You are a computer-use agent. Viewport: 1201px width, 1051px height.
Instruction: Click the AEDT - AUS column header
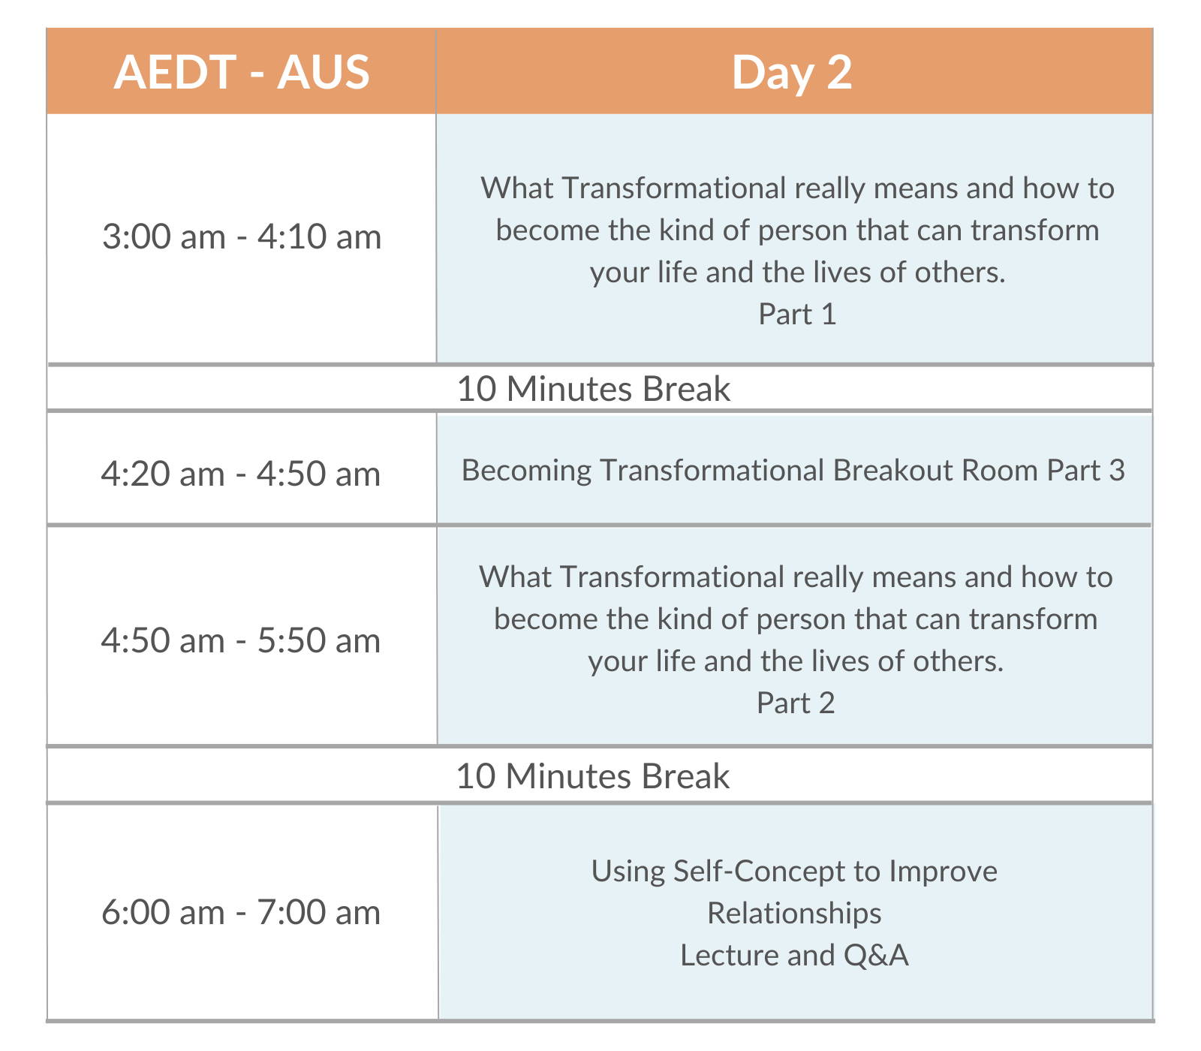click(x=241, y=72)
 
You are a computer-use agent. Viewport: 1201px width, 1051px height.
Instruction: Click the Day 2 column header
click(x=793, y=72)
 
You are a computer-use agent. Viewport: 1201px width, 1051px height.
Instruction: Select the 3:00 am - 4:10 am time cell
click(x=241, y=238)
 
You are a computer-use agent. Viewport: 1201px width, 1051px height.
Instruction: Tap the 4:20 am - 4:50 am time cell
click(x=241, y=468)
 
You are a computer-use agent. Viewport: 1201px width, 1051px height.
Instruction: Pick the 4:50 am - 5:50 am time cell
click(x=241, y=636)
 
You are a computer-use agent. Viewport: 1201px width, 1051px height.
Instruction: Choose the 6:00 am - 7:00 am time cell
click(x=241, y=912)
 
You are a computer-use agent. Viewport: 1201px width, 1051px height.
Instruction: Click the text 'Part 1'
click(x=797, y=314)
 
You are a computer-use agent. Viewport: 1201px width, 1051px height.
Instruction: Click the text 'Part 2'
click(x=796, y=703)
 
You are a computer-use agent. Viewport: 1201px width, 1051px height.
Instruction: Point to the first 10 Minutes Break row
click(x=600, y=389)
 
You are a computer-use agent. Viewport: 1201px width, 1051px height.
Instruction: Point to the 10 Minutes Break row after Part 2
click(x=600, y=775)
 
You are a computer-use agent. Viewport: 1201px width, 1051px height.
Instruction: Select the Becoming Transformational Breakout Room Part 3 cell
click(x=794, y=469)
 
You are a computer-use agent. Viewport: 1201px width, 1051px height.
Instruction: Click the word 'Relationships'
click(x=794, y=914)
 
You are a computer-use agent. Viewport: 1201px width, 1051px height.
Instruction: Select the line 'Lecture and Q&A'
click(x=794, y=955)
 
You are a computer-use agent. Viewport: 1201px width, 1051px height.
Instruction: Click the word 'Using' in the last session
click(x=628, y=872)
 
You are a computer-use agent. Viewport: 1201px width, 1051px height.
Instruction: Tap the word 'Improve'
click(x=944, y=872)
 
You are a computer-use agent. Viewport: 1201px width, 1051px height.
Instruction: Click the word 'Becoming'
click(x=526, y=471)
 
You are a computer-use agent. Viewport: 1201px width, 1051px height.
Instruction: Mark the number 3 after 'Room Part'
click(x=1117, y=470)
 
